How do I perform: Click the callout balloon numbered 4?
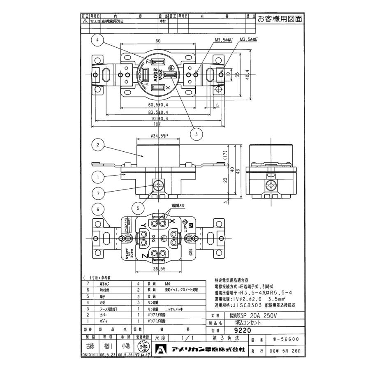[x=98, y=41]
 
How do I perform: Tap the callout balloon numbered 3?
[x=197, y=134]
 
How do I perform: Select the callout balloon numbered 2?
[x=98, y=145]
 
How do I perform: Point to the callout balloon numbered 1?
[x=98, y=178]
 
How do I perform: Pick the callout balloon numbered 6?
[x=98, y=209]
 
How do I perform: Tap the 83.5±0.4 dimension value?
[x=158, y=112]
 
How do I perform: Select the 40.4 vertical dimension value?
[x=247, y=75]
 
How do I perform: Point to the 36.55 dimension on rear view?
[x=158, y=268]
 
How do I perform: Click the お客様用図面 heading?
[x=280, y=18]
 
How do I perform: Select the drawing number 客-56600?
[x=288, y=340]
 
